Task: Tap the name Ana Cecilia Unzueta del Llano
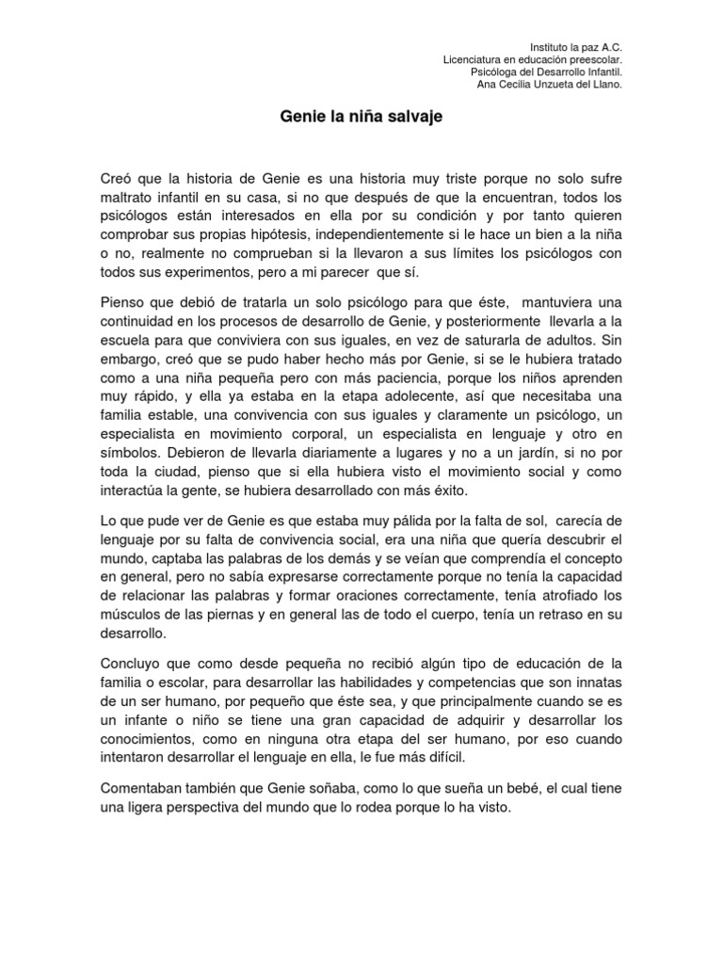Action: [551, 84]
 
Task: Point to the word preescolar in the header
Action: [589, 59]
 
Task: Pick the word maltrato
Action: [128, 198]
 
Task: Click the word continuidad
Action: [141, 321]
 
